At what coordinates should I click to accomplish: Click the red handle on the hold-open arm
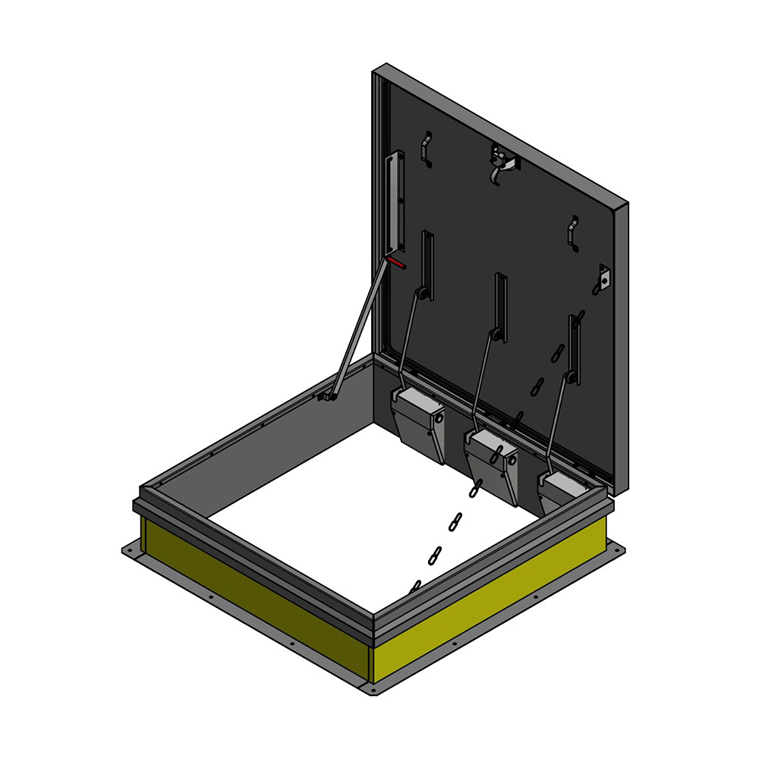coord(395,263)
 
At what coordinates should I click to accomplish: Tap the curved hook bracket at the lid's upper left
coord(427,148)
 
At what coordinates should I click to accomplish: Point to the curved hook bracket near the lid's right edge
coord(574,233)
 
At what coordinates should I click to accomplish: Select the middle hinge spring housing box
coord(492,463)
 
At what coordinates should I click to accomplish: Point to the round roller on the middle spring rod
coord(495,333)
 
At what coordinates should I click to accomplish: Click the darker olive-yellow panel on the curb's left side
coord(250,592)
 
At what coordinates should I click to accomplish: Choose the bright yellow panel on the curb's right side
coord(493,600)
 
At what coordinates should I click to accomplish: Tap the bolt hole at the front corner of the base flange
coord(372,690)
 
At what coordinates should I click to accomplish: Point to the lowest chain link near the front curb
coord(415,587)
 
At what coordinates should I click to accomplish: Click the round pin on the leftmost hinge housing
coord(438,416)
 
